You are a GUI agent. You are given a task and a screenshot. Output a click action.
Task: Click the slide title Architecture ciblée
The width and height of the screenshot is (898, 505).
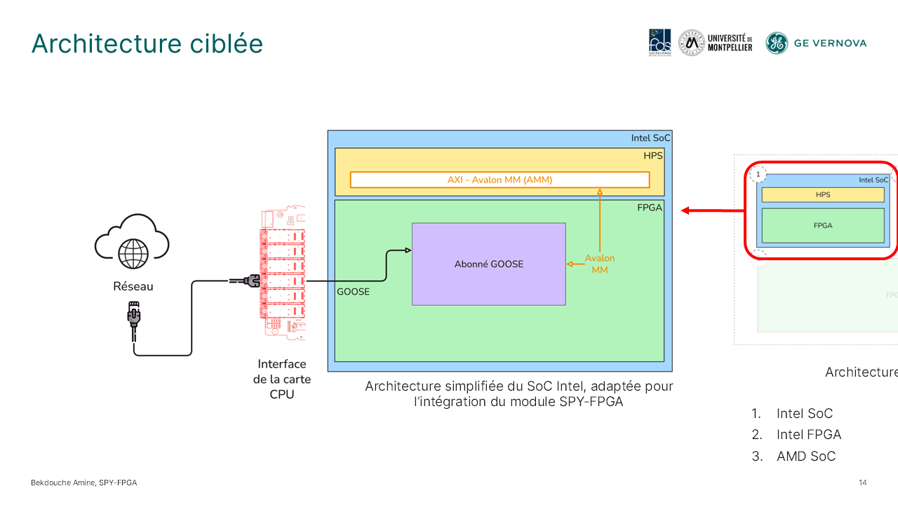point(147,43)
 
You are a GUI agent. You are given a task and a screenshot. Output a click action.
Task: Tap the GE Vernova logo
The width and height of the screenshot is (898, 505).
point(816,43)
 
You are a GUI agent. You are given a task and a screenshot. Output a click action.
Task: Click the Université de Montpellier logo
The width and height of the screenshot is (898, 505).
point(716,43)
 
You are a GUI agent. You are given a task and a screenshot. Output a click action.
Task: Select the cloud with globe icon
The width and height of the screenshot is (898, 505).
point(133,243)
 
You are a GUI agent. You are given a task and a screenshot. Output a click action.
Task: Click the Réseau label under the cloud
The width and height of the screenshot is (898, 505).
point(133,286)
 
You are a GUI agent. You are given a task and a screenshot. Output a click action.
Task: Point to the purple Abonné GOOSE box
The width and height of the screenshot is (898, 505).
point(488,264)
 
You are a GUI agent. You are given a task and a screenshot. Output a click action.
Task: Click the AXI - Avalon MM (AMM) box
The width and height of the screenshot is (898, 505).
point(500,180)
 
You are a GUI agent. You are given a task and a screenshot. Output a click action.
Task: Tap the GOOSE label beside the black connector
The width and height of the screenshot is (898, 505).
point(353,292)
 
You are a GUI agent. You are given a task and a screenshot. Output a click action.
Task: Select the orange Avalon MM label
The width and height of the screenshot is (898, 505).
point(599,264)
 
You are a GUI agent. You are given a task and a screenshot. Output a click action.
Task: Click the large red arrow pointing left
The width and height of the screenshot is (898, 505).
point(712,210)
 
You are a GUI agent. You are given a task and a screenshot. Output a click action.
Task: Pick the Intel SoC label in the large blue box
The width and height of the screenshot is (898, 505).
point(650,138)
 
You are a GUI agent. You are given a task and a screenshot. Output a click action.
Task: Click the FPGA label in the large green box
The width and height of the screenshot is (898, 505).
point(648,208)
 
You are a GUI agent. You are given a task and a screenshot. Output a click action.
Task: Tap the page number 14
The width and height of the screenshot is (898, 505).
point(862,483)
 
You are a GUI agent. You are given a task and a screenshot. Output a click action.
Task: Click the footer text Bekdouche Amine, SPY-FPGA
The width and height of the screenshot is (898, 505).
point(83,483)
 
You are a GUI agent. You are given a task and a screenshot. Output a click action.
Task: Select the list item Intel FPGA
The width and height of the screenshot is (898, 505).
point(808,435)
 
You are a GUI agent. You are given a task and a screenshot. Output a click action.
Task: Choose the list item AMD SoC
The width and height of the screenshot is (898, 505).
point(805,457)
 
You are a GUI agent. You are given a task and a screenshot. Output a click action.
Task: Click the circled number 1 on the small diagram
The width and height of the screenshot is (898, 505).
point(758,174)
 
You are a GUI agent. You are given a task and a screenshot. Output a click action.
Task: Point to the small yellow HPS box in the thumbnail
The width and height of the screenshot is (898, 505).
point(822,194)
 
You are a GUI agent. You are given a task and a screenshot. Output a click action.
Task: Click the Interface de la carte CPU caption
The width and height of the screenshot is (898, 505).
point(281,379)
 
